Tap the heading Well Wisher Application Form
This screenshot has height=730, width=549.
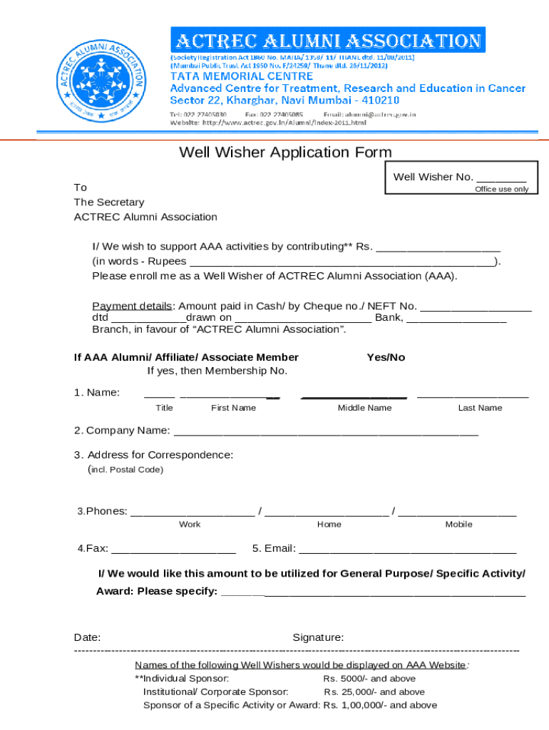click(x=285, y=152)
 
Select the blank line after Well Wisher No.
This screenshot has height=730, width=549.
click(x=501, y=178)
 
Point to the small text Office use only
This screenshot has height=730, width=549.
click(x=501, y=189)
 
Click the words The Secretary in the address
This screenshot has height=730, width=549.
click(x=109, y=202)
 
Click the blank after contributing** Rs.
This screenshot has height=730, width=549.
click(x=438, y=247)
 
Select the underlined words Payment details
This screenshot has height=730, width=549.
click(x=132, y=306)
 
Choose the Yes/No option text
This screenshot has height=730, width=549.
click(x=386, y=357)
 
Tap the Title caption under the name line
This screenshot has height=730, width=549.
click(x=164, y=408)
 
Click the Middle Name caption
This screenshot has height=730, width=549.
click(x=364, y=408)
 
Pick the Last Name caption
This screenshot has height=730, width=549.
click(x=480, y=408)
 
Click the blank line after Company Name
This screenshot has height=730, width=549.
click(x=326, y=431)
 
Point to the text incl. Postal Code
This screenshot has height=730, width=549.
click(x=125, y=470)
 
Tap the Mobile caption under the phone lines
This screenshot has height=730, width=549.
click(x=458, y=524)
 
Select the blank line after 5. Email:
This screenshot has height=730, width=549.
click(x=408, y=549)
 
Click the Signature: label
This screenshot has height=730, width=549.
click(x=318, y=637)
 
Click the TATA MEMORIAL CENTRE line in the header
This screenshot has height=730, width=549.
click(x=241, y=76)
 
